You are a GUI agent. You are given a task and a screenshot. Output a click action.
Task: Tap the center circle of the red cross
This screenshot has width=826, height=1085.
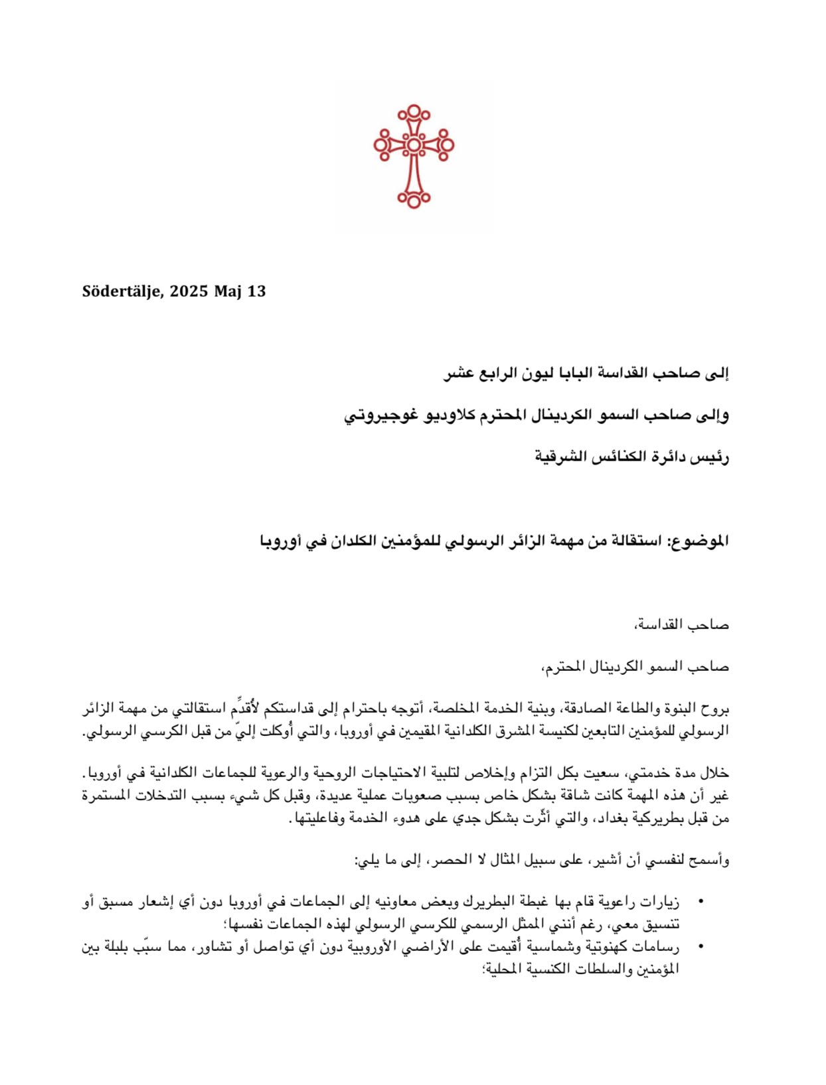click(413, 145)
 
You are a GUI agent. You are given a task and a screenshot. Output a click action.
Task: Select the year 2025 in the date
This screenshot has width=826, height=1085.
click(189, 291)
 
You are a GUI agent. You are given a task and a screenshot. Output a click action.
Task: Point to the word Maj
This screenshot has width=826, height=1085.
click(228, 292)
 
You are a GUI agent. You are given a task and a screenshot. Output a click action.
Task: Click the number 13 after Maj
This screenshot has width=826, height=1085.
click(257, 291)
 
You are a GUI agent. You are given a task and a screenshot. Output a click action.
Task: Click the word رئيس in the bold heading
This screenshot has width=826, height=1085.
click(710, 457)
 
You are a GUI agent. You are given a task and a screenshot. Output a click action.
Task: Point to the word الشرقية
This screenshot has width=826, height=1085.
click(560, 457)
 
